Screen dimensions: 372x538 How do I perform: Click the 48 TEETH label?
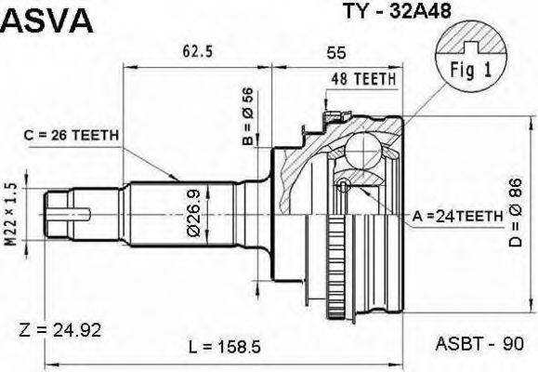(363, 82)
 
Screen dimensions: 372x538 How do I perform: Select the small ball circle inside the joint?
(343, 183)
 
